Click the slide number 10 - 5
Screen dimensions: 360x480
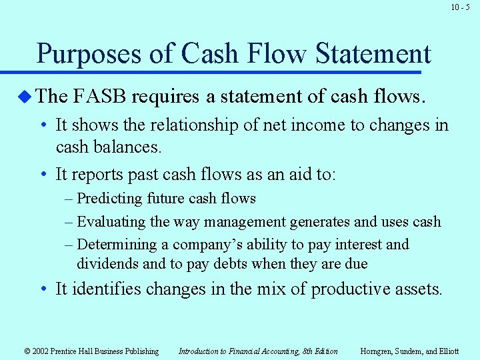[460, 7]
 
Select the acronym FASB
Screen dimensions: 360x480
[99, 97]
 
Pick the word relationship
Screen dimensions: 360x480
[184, 125]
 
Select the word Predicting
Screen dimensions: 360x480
[109, 199]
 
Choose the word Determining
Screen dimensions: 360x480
[116, 245]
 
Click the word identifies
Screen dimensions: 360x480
[103, 289]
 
